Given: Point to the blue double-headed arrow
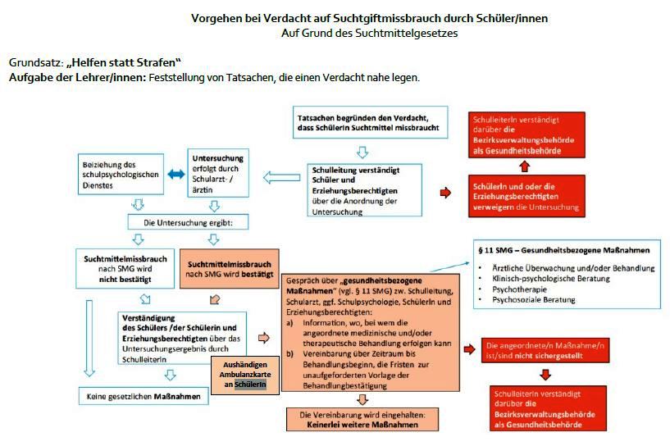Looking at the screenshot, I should (x=174, y=175).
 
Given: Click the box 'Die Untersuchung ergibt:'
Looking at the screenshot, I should (x=188, y=222).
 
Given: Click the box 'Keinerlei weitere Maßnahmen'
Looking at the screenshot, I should (x=361, y=420).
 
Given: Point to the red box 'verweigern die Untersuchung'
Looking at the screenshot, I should (x=526, y=197).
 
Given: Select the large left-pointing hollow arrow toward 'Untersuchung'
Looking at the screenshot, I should (x=280, y=175).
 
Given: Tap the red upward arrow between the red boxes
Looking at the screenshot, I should (x=526, y=166).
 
